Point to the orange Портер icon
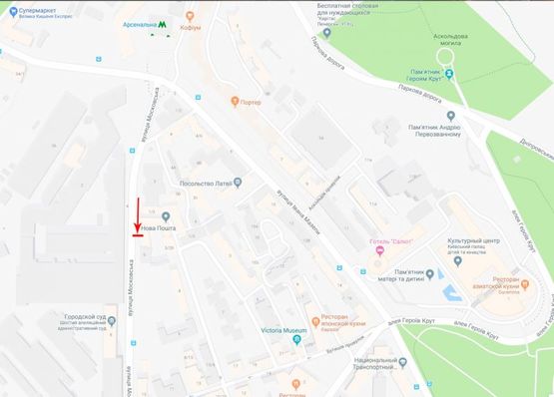(x=236, y=100)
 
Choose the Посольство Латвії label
(x=205, y=183)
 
